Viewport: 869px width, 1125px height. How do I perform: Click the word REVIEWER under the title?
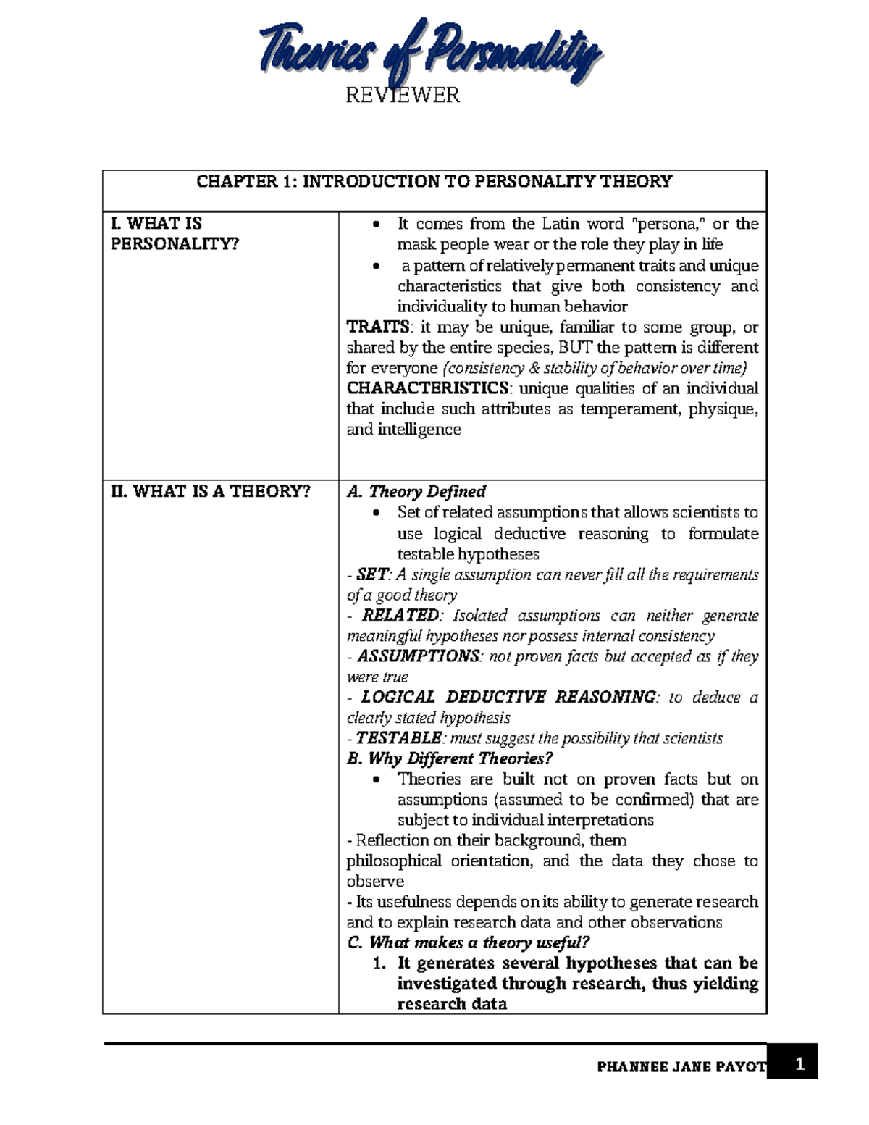pyautogui.click(x=403, y=95)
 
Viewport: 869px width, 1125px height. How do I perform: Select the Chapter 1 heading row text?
pyautogui.click(x=434, y=181)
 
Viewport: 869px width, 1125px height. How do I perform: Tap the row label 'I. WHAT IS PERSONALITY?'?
pyautogui.click(x=174, y=233)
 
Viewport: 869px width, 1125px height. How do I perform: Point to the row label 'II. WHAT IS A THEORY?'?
pyautogui.click(x=210, y=491)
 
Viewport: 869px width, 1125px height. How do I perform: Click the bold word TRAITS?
pyautogui.click(x=377, y=327)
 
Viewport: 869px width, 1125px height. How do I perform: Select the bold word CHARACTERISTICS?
pyautogui.click(x=427, y=388)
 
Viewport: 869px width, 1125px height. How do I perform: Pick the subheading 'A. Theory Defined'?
pyautogui.click(x=416, y=491)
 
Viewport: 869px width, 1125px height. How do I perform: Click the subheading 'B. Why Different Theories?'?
pyautogui.click(x=450, y=758)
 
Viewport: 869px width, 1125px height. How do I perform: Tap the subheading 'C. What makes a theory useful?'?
pyautogui.click(x=469, y=942)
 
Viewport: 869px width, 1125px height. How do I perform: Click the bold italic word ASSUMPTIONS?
pyautogui.click(x=419, y=656)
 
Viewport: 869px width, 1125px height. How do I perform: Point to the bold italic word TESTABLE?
pyautogui.click(x=399, y=738)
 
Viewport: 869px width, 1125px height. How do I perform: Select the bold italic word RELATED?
pyautogui.click(x=400, y=615)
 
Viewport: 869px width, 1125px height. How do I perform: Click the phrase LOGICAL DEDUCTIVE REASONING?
pyautogui.click(x=509, y=697)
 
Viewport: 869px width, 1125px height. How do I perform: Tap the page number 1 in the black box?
pyautogui.click(x=799, y=1064)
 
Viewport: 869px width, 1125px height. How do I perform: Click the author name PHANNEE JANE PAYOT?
pyautogui.click(x=681, y=1066)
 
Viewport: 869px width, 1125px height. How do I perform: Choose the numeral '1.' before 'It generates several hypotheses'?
pyautogui.click(x=379, y=963)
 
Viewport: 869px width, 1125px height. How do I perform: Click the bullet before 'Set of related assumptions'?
pyautogui.click(x=375, y=513)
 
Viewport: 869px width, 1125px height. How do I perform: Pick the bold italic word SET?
pyautogui.click(x=372, y=574)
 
